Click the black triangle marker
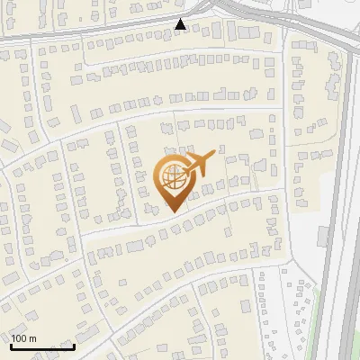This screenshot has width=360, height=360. point(181,24)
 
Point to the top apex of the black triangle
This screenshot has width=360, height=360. point(181,19)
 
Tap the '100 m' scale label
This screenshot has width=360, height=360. point(24,338)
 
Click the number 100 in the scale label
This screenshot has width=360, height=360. point(20,338)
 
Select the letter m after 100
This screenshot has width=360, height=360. point(32,338)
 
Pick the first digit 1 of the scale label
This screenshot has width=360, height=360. point(14,338)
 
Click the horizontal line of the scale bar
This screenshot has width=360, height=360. point(42,347)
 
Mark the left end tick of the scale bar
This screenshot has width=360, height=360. point(12,346)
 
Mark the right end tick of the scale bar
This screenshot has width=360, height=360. point(74,346)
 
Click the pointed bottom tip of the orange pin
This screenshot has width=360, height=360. point(172,211)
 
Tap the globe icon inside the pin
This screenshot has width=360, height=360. point(172,177)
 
